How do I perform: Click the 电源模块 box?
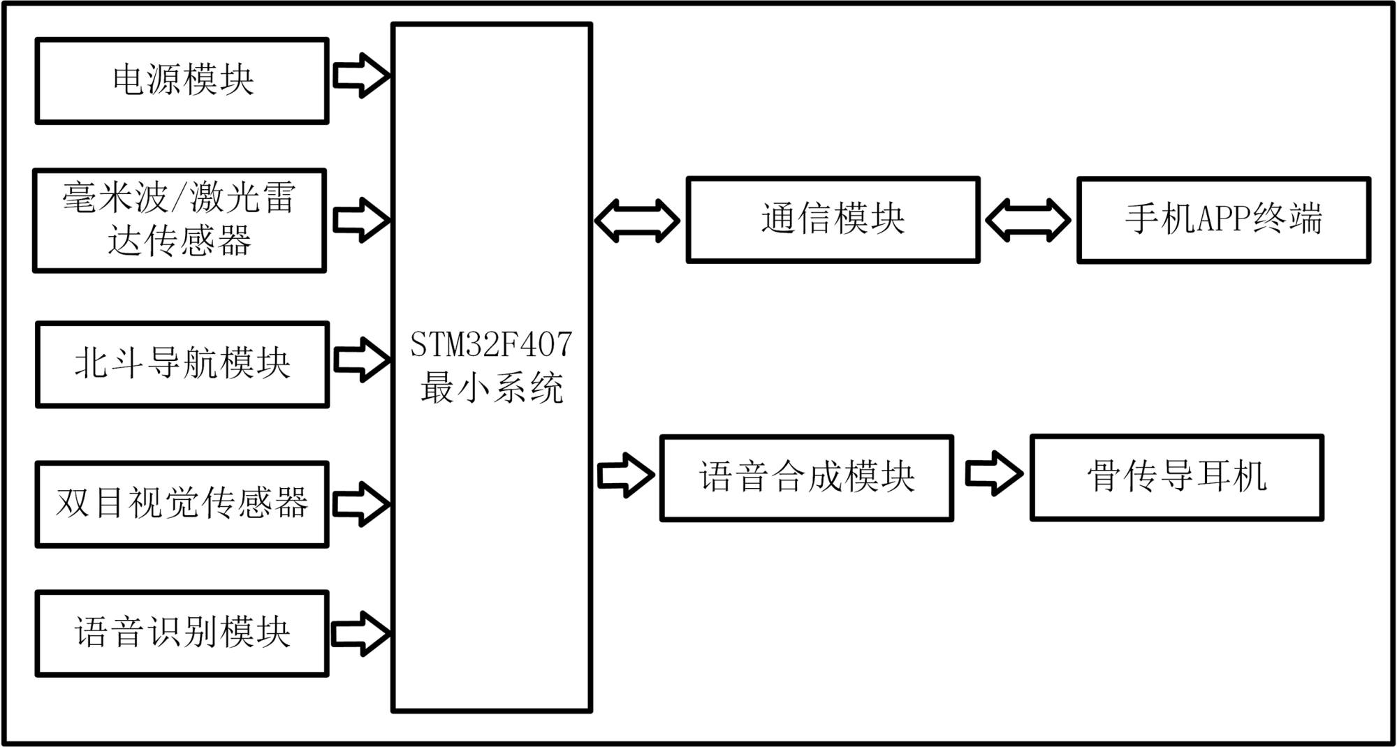(182, 81)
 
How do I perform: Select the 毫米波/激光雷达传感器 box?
(180, 221)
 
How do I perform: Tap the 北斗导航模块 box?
(182, 364)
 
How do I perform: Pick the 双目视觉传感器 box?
(182, 504)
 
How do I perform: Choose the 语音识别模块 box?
(182, 634)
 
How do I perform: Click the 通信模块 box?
(833, 220)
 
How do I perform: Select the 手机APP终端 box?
(1224, 220)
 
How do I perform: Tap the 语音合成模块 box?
(807, 478)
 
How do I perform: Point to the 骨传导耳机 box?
(1177, 478)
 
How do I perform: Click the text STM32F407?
(491, 344)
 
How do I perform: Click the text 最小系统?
(491, 388)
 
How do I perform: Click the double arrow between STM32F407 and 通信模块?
(637, 221)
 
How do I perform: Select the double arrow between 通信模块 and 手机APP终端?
(1027, 221)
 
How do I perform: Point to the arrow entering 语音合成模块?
(626, 475)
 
